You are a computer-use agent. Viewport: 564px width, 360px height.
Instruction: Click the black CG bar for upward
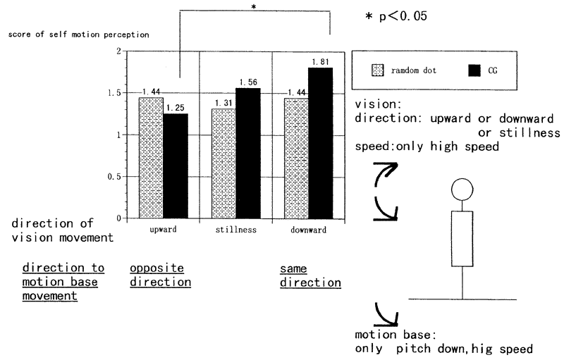pos(176,166)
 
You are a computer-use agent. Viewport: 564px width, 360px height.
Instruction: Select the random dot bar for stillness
pos(224,163)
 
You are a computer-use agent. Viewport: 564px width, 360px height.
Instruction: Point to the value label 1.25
pos(176,108)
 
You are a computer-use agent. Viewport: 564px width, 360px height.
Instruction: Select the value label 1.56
pos(248,82)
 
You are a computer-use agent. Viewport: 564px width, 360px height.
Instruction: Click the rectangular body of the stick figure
pos(462,238)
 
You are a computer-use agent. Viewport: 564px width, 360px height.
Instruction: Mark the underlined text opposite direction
pos(160,275)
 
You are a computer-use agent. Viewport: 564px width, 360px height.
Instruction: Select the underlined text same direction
pos(310,275)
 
